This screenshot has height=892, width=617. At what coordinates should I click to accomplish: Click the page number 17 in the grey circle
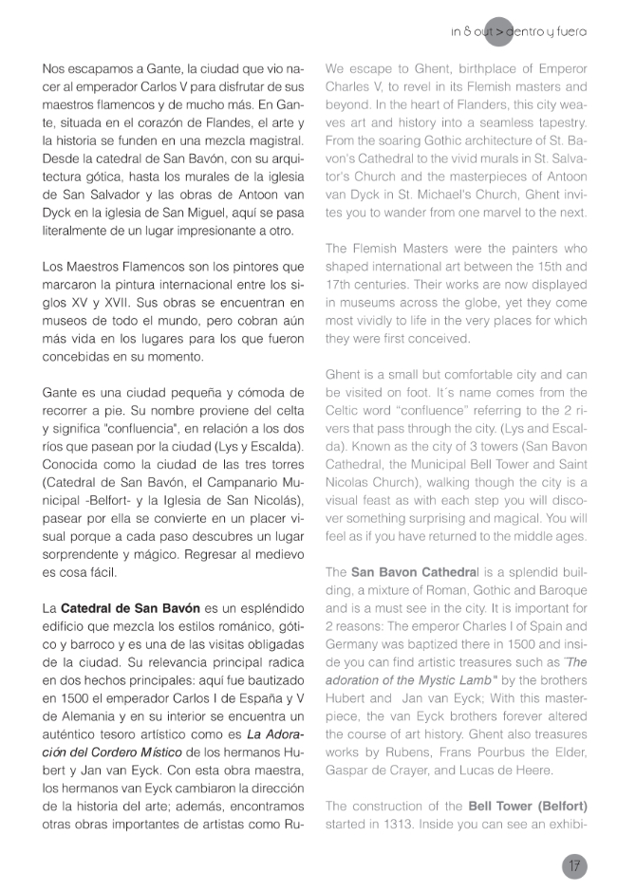pos(574,865)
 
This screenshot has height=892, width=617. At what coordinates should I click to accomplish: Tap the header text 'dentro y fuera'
pos(547,31)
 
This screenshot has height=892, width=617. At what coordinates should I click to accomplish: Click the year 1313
pos(407,823)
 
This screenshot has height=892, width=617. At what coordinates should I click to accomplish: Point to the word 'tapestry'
pos(559,123)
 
